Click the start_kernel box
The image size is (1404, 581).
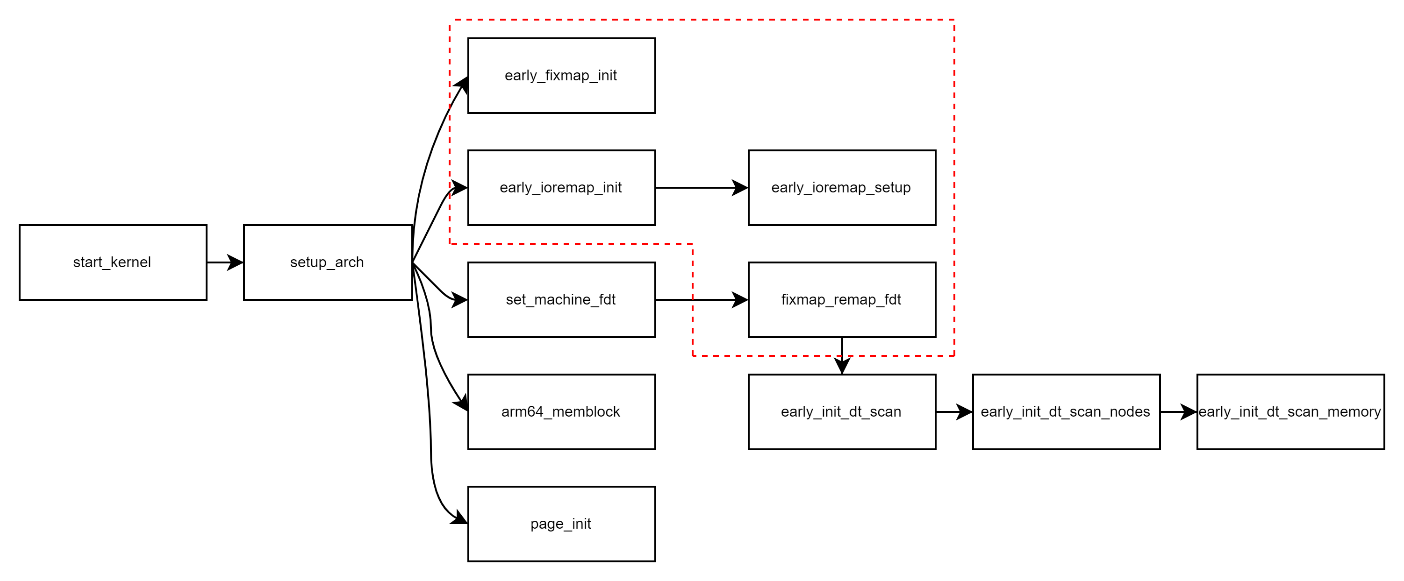point(113,262)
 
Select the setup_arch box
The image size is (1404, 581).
point(328,262)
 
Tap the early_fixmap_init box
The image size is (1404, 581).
point(561,76)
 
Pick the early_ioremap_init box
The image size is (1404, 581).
point(561,188)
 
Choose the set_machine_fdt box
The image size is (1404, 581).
point(561,300)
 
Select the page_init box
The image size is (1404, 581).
point(561,524)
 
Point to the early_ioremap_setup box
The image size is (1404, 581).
point(842,188)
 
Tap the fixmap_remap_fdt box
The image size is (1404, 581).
point(842,300)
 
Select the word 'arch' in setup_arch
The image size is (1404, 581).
point(350,262)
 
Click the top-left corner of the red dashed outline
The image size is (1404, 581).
point(450,20)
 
